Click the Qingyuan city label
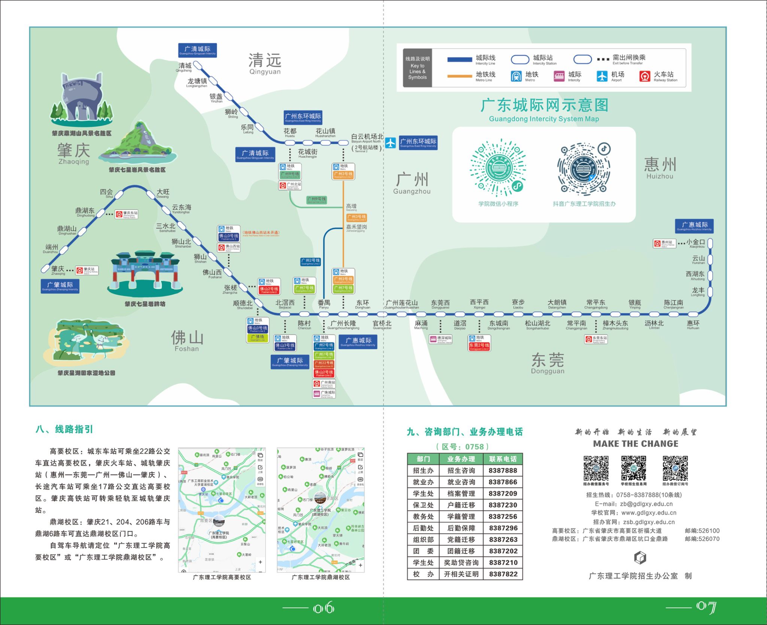coord(265,63)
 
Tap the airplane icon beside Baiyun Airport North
coord(390,143)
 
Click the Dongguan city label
coord(548,363)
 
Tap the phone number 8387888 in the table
coord(503,471)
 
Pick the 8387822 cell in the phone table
coord(503,574)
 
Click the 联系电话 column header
coord(503,459)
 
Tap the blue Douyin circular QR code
coord(583,169)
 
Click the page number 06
coord(324,608)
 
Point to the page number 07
coord(706,607)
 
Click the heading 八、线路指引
coord(64,429)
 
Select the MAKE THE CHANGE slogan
coord(636,444)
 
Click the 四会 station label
coord(106,192)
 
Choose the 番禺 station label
coord(324,303)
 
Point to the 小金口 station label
coord(695,242)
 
